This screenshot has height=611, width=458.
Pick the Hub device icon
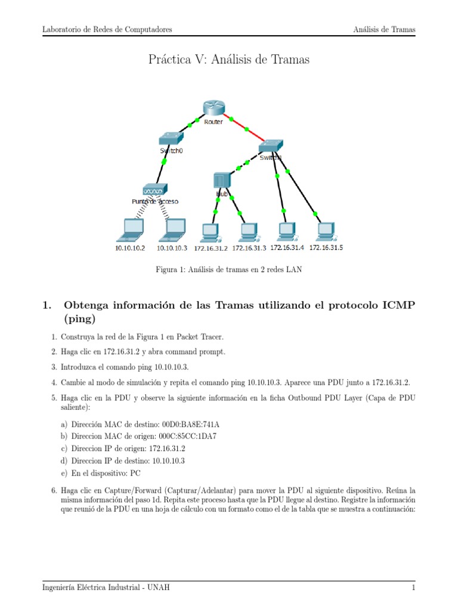click(x=222, y=180)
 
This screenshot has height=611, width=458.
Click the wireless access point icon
click(x=155, y=190)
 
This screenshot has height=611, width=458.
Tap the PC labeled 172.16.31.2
click(x=210, y=230)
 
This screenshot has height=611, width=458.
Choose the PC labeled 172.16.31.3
click(x=247, y=230)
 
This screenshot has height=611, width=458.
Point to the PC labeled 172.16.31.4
click(x=286, y=230)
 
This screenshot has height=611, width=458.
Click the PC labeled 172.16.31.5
click(x=325, y=230)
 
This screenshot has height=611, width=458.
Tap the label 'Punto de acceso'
click(x=155, y=202)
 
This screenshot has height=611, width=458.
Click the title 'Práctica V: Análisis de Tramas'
click(x=229, y=60)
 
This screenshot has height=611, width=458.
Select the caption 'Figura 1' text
click(x=171, y=270)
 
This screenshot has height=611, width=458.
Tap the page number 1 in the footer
click(x=413, y=588)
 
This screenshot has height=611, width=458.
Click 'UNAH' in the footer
click(x=159, y=588)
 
